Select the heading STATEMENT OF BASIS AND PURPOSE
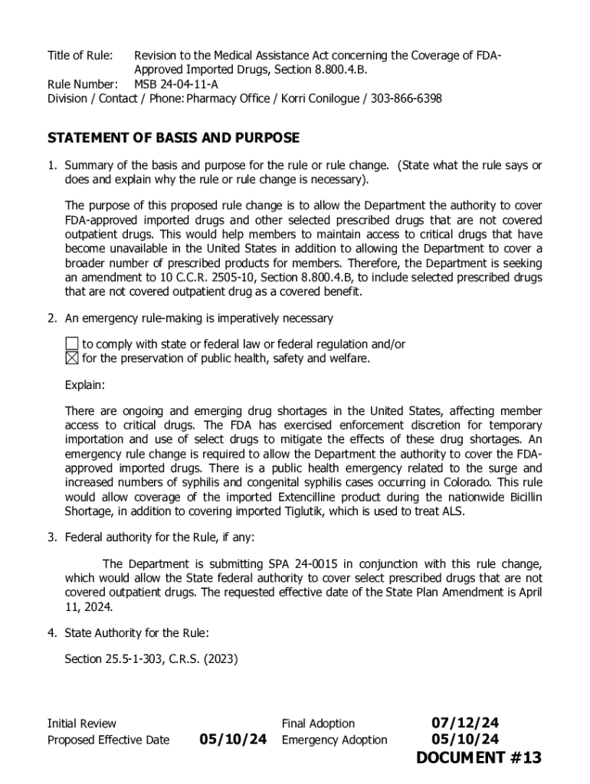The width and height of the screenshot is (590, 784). [x=173, y=138]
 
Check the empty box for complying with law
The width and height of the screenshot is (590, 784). [x=71, y=344]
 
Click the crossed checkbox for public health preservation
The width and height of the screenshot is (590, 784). [x=71, y=358]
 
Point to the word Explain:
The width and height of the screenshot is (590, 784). [x=85, y=384]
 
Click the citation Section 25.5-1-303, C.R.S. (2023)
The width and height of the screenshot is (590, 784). [x=151, y=657]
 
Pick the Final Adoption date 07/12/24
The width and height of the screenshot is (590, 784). [x=465, y=723]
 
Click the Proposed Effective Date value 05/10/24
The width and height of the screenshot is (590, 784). [x=233, y=739]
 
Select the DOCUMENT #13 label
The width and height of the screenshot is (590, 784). [x=478, y=758]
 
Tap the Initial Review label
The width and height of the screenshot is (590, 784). [x=82, y=724]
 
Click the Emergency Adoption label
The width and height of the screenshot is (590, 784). [x=334, y=740]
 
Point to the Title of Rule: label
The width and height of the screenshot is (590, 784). [x=80, y=55]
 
